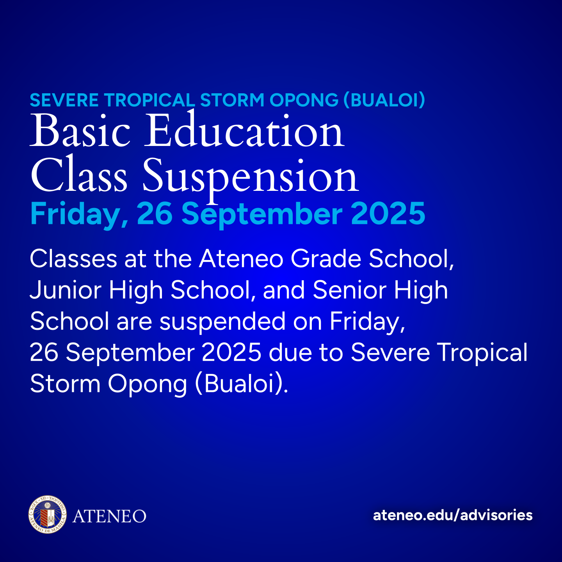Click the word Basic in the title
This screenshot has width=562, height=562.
(80, 131)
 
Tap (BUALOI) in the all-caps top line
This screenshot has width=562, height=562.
(384, 100)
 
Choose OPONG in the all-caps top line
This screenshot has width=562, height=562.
(304, 100)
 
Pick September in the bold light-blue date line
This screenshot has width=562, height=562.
(262, 214)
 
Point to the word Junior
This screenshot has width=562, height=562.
(66, 290)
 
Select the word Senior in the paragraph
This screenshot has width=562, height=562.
(349, 290)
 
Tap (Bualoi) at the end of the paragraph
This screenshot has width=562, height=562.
(241, 384)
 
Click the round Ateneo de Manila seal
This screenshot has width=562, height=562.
(48, 514)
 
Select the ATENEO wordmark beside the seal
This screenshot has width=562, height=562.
(109, 516)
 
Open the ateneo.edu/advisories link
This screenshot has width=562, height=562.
(453, 515)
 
